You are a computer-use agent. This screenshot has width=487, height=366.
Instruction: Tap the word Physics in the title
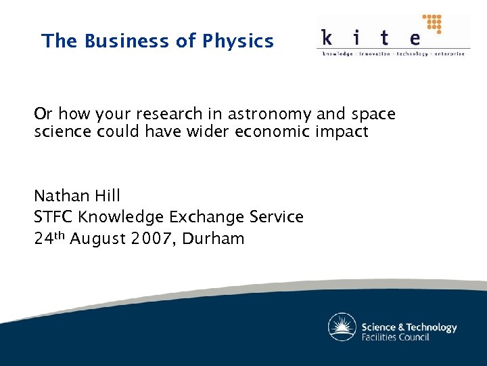pos(237,41)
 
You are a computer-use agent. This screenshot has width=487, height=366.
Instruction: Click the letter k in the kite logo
pos(327,37)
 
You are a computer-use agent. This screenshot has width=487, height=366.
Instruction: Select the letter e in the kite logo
pos(414,37)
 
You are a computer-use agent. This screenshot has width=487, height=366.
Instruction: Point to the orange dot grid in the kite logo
pos(432,24)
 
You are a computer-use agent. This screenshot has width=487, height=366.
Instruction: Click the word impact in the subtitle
pos(342,131)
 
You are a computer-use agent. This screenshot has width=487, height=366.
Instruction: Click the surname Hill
pos(106,197)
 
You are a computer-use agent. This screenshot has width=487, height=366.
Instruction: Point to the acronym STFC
pos(54,218)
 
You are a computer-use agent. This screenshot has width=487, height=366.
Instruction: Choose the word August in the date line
pos(98,239)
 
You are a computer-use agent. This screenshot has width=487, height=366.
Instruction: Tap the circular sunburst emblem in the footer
pos(342,327)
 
